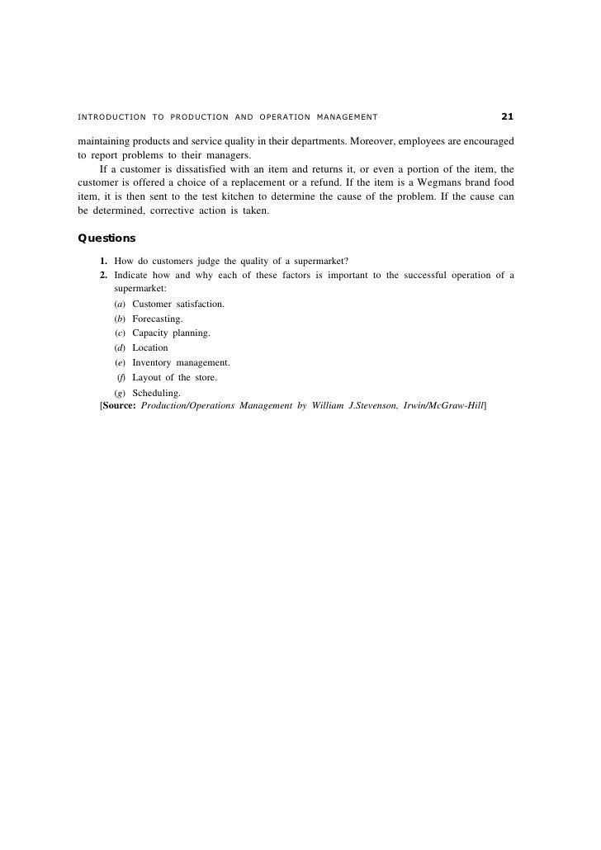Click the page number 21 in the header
point(507,116)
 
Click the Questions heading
point(106,238)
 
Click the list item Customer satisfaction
point(177,304)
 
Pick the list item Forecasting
point(158,319)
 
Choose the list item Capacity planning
point(171,333)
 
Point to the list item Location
point(149,348)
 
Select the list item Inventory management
point(181,363)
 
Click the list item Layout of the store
point(174,378)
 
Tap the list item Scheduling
point(156,393)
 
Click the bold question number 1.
point(104,262)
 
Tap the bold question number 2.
point(104,276)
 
